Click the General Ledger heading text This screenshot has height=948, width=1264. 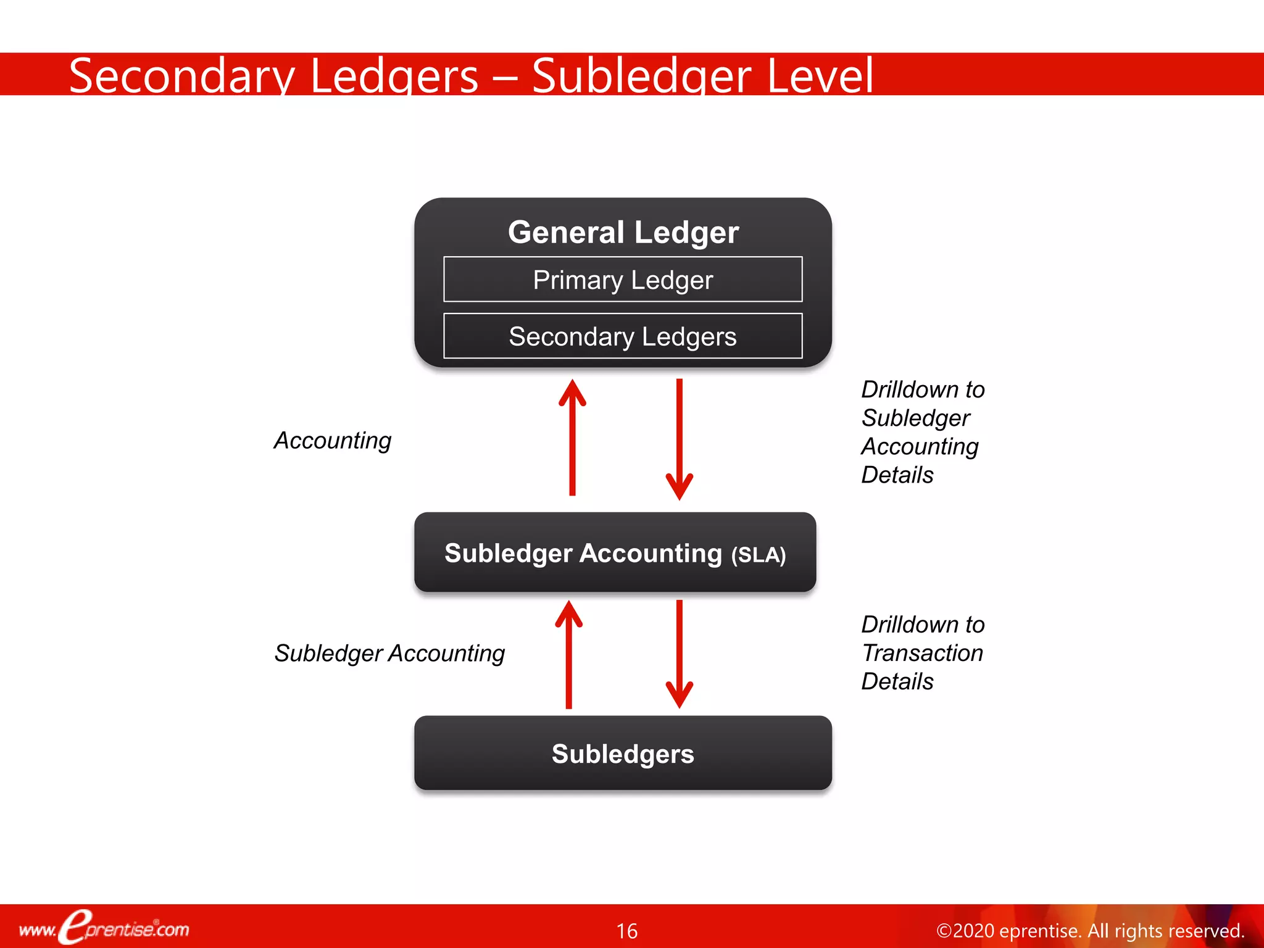(x=623, y=233)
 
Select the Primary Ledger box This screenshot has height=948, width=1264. (x=623, y=280)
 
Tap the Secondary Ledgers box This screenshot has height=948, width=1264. (x=623, y=336)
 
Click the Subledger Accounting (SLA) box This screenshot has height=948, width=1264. (x=615, y=552)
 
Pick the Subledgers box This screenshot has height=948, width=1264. (x=623, y=754)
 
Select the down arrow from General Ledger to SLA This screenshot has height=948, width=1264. (x=679, y=438)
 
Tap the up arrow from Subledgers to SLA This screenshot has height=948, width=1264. (x=568, y=654)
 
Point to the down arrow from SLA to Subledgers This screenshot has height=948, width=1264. (x=679, y=654)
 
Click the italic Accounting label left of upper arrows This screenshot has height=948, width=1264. (x=333, y=441)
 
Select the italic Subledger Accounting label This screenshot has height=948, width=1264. (x=389, y=653)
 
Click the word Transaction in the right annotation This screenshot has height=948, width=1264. (x=922, y=653)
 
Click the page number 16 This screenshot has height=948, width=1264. (x=626, y=931)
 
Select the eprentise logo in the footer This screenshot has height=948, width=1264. (x=104, y=928)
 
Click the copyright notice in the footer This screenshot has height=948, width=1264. (x=1089, y=931)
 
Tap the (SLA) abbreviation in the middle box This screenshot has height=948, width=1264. (x=758, y=555)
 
